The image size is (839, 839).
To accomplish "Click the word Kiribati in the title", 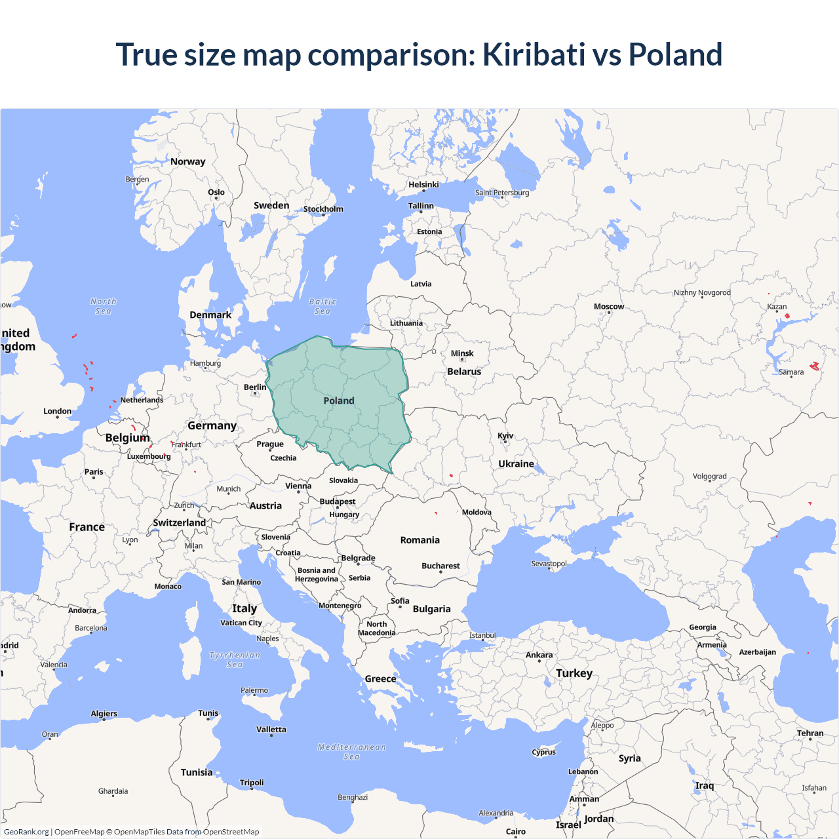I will point(534,54).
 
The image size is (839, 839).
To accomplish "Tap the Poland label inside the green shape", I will point(339,400).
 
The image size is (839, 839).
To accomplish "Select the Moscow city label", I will point(609,306).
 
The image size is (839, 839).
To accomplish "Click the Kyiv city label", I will point(505,436).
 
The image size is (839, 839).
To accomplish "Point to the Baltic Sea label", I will point(322,306).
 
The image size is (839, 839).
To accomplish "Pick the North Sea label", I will point(104,306).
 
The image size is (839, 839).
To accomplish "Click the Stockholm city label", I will point(323,209).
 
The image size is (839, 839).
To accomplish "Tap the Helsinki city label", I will point(423,184).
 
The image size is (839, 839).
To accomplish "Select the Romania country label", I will point(420,540).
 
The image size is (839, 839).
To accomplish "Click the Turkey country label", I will point(574,673).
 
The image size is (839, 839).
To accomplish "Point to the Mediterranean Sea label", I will point(352,752).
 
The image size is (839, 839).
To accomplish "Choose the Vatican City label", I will point(241,623).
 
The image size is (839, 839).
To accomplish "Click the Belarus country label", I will point(464,372).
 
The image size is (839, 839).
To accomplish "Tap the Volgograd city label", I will point(710,477).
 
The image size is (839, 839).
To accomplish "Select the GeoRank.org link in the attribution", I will point(26,832).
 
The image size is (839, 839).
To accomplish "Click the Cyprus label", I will point(544,752).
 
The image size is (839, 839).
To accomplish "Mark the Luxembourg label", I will point(149,456).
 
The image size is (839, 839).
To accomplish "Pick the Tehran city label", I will point(810,733).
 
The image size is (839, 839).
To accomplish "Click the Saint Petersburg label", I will point(502,193).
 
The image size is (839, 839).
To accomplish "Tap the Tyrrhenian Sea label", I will point(235,659).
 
